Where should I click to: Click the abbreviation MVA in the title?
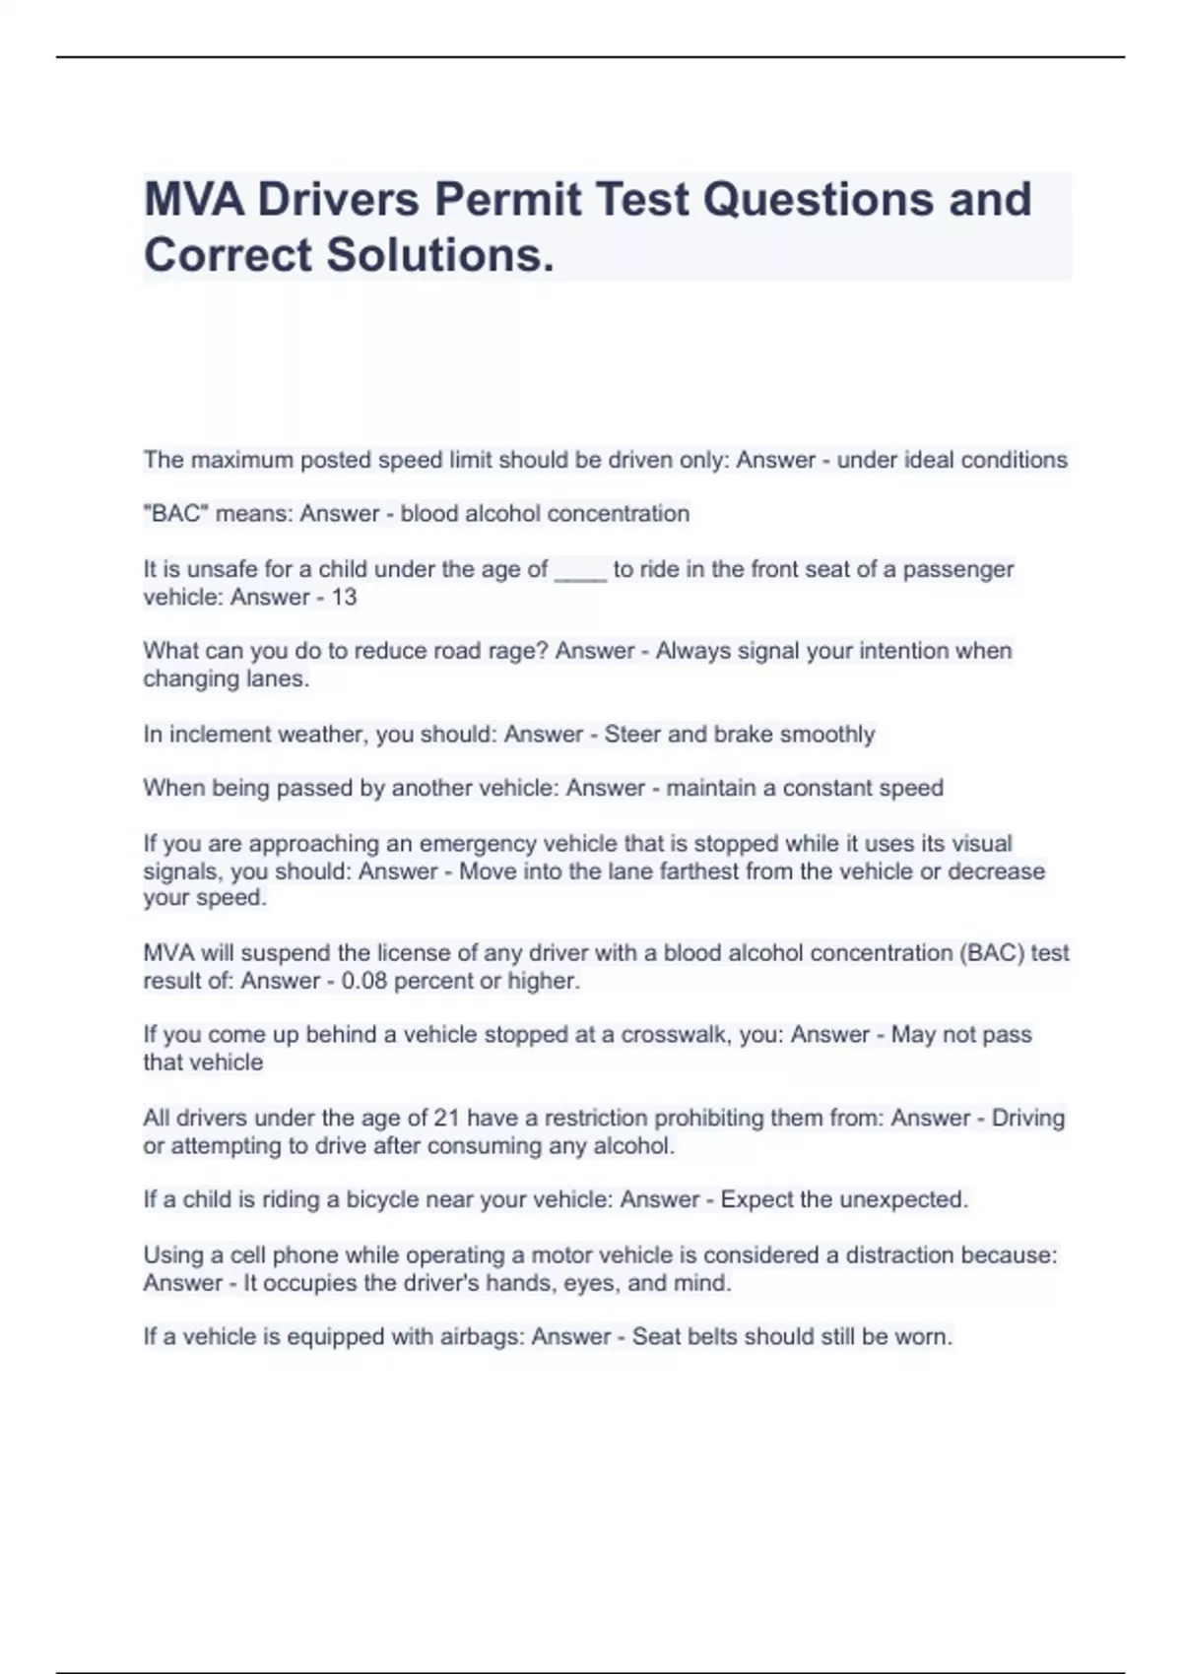[x=194, y=200]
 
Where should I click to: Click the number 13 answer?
[x=344, y=597]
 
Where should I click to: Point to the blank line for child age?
[x=580, y=571]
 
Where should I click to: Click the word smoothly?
[x=826, y=735]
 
